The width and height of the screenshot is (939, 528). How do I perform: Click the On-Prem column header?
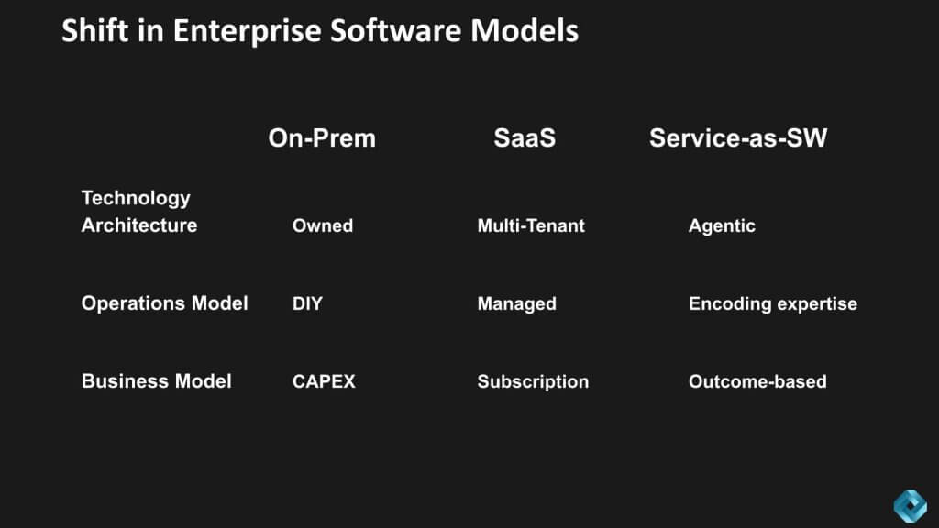tap(322, 138)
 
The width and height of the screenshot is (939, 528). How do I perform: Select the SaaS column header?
tap(525, 138)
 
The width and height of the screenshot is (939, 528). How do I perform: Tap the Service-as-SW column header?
tap(738, 138)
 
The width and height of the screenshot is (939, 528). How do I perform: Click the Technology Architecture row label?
tap(139, 212)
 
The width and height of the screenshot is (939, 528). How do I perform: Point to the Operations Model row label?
tap(165, 303)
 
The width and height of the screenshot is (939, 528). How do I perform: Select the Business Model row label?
tap(156, 381)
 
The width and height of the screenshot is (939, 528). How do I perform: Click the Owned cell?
tap(323, 225)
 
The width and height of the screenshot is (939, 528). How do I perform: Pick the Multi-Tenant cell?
tap(531, 225)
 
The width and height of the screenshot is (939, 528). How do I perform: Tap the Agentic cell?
tap(723, 226)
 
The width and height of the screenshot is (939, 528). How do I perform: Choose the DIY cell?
tap(307, 303)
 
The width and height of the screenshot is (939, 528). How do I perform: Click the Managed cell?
tap(517, 304)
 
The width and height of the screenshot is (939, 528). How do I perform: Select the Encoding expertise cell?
tap(773, 304)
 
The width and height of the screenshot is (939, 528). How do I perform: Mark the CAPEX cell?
tap(324, 381)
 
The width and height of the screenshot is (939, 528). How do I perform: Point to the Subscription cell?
tap(533, 382)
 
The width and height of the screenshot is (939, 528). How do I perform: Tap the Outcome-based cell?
tap(757, 381)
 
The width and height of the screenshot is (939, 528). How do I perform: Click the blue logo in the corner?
tap(911, 506)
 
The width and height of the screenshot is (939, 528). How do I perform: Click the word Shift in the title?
tap(94, 30)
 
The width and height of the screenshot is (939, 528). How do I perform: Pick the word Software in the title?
tap(396, 30)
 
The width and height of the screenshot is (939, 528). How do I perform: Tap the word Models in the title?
tap(525, 30)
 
